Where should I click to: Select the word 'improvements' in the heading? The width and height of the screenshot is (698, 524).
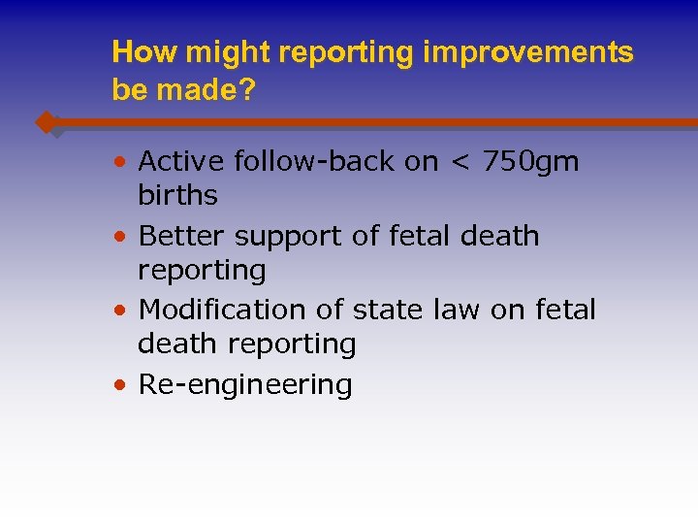[x=528, y=52]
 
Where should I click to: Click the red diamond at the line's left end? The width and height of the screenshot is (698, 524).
[x=46, y=123]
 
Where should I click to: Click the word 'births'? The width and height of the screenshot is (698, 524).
[x=177, y=195]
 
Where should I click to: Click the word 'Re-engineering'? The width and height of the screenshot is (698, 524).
[x=245, y=385]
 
